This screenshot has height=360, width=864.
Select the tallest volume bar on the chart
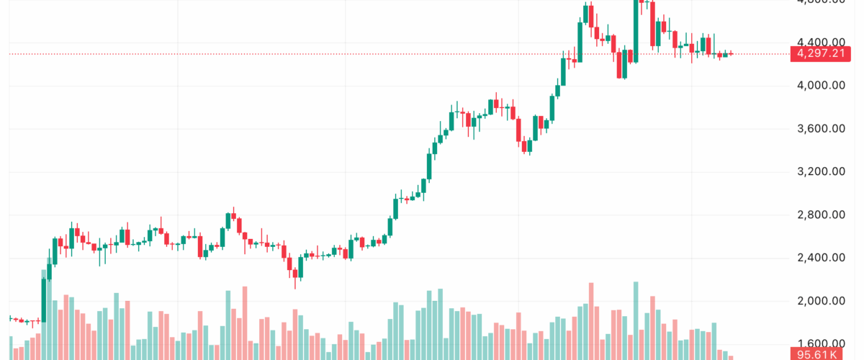636,320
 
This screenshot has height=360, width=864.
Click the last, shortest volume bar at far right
731,357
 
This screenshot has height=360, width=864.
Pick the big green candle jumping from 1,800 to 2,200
44,299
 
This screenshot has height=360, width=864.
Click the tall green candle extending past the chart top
636,29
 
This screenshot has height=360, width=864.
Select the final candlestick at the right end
731,53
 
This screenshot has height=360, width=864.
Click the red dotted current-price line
360,54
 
